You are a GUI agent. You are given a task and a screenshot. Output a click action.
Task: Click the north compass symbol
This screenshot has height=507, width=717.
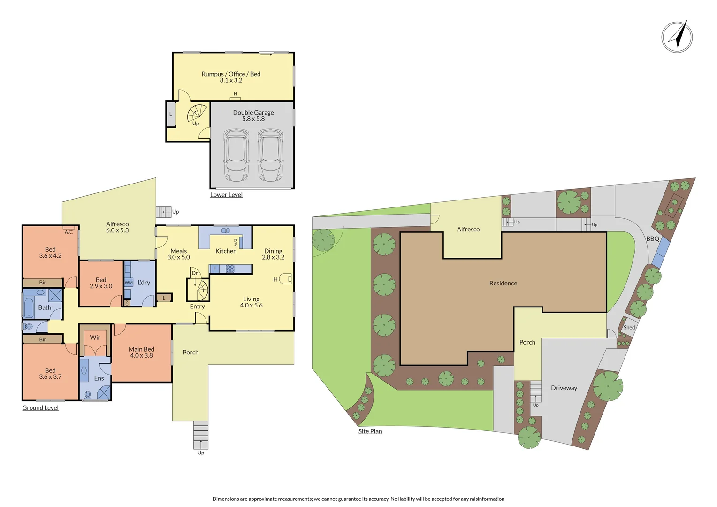[677, 37]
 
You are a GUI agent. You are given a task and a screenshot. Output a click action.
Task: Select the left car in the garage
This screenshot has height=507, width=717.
[236, 155]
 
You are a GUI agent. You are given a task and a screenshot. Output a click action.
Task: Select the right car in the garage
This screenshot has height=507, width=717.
[270, 155]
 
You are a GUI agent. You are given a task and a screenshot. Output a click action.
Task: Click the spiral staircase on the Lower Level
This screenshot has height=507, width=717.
[197, 113]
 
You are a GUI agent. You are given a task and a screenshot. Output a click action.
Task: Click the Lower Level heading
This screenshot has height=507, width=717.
[226, 195]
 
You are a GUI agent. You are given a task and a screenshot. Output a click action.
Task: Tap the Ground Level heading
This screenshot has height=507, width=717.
[40, 408]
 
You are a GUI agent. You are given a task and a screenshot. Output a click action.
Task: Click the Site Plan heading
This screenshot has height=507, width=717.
[370, 431]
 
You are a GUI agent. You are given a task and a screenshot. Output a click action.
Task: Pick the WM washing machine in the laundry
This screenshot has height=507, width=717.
[129, 283]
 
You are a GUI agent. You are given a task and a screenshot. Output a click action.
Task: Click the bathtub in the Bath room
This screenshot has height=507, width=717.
[29, 307]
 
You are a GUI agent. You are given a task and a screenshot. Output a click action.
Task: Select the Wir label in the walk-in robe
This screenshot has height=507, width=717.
[95, 338]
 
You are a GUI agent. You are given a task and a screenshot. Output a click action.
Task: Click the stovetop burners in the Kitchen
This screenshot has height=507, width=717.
[230, 269]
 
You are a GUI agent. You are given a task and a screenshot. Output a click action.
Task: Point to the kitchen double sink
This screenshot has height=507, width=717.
[226, 230]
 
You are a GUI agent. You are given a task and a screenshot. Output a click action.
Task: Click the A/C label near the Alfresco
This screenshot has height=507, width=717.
[69, 232]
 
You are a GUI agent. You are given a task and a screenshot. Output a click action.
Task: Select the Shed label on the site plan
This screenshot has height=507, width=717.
[629, 328]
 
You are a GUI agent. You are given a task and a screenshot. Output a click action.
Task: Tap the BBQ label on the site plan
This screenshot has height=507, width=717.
[653, 239]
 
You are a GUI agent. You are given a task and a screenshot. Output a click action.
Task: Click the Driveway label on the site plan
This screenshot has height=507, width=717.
[564, 388]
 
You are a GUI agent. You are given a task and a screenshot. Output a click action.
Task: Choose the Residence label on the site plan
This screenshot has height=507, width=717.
[503, 284]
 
